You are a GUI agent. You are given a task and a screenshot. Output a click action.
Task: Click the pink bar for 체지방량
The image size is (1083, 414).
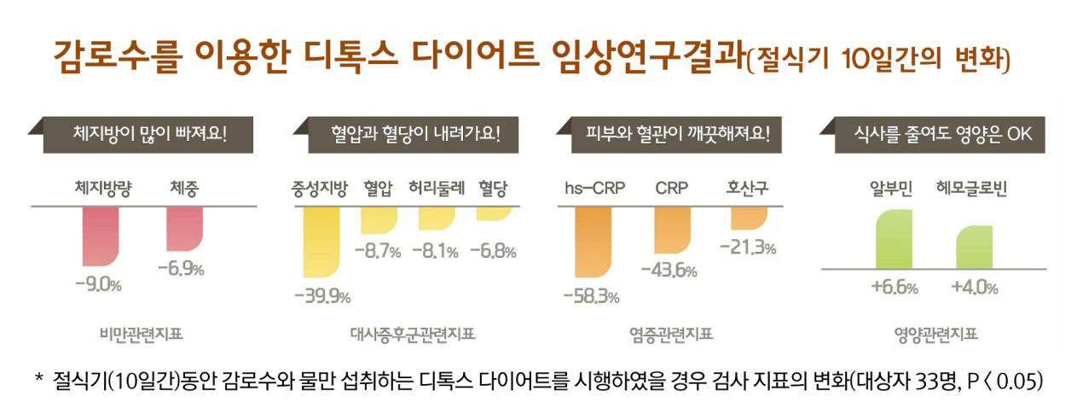tap(100, 236)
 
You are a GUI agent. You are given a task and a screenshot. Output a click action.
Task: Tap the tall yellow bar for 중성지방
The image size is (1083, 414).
tap(321, 242)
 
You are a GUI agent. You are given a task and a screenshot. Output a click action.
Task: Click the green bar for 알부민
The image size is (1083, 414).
tap(894, 238)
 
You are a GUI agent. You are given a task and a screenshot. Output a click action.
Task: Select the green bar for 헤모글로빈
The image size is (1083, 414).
tap(973, 247)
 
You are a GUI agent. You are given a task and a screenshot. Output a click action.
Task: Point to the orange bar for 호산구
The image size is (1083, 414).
tap(749, 218)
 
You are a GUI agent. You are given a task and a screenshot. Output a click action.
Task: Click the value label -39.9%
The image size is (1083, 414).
tap(322, 296)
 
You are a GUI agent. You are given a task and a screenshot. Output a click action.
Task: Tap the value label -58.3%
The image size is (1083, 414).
tap(591, 296)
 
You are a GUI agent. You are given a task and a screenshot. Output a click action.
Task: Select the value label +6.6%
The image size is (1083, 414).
tap(894, 288)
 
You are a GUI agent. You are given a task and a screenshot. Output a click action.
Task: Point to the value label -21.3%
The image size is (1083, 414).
tap(748, 248)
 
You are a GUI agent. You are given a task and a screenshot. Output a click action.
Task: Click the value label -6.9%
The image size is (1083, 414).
tap(181, 269)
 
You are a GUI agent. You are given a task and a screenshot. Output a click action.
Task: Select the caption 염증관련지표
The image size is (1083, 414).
tap(670, 334)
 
